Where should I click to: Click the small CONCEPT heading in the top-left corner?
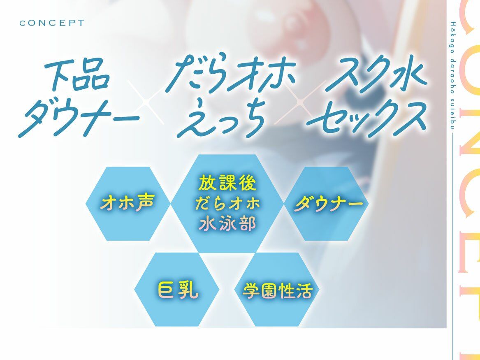pyautogui.click(x=51, y=23)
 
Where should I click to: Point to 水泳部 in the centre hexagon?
pyautogui.click(x=227, y=224)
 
